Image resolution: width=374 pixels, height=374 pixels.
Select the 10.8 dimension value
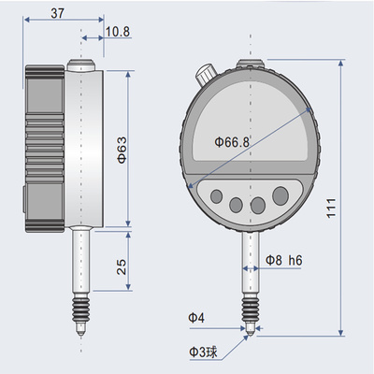(x=117, y=32)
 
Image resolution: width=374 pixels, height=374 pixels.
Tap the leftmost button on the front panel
(x=216, y=199)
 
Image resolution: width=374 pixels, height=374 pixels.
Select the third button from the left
(x=257, y=206)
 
